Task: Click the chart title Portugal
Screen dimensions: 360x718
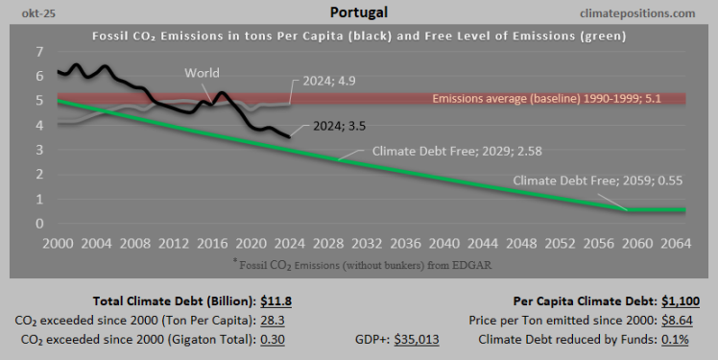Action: [358, 13]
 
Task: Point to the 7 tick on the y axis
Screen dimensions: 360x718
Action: [38, 51]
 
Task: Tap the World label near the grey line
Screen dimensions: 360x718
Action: [202, 73]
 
